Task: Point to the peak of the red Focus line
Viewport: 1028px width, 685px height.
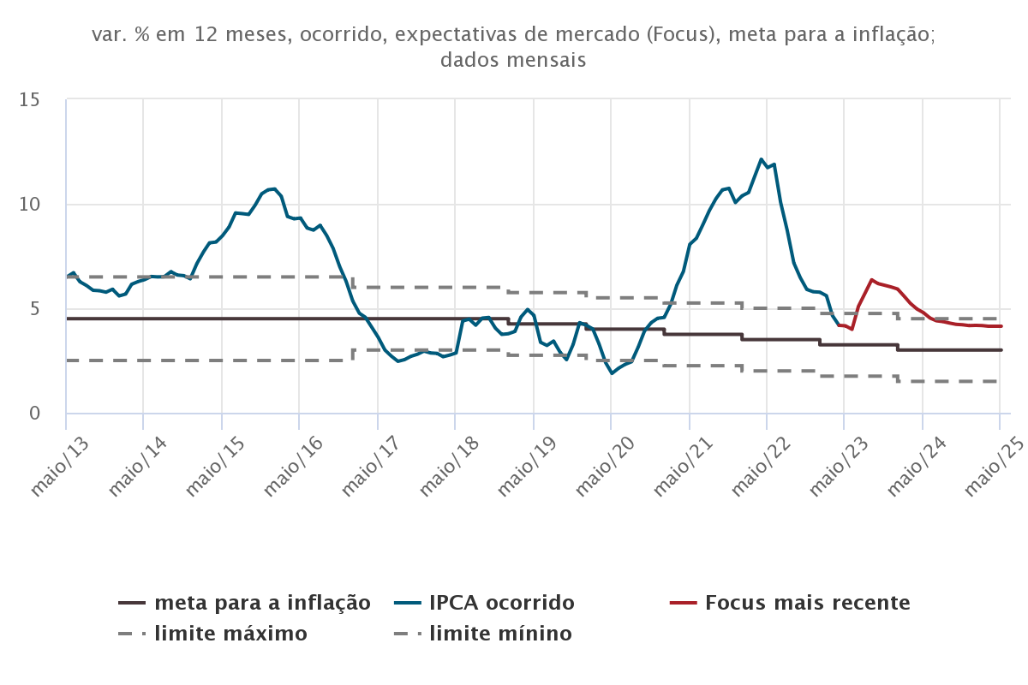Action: pos(871,280)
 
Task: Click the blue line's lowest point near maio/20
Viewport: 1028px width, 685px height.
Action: pos(612,373)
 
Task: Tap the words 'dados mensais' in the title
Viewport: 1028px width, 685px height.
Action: pos(513,61)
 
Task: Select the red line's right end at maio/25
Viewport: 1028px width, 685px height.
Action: pos(1001,326)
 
